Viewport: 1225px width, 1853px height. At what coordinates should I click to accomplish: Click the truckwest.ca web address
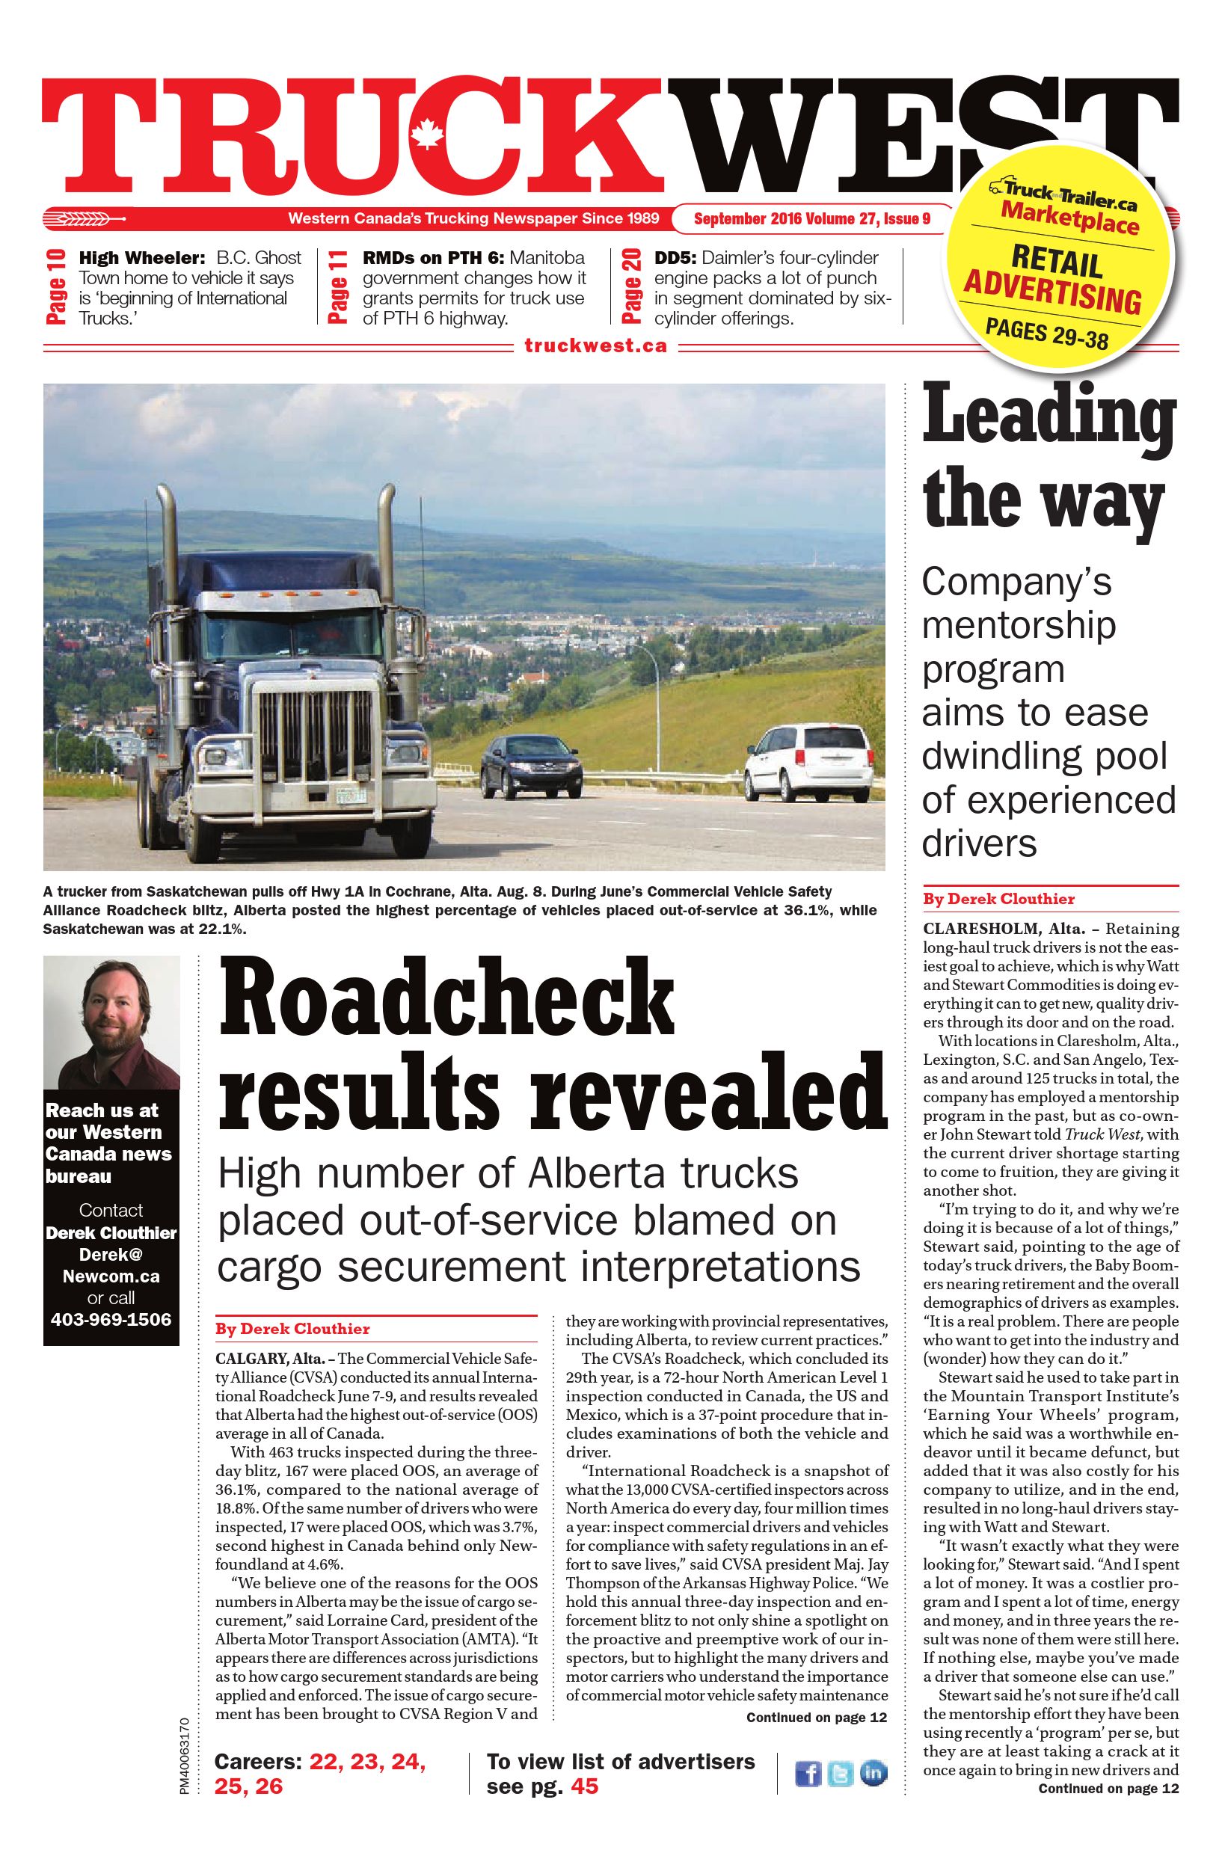click(595, 345)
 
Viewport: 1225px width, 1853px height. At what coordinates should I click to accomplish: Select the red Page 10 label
click(56, 286)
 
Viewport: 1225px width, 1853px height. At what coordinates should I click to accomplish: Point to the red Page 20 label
click(632, 286)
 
